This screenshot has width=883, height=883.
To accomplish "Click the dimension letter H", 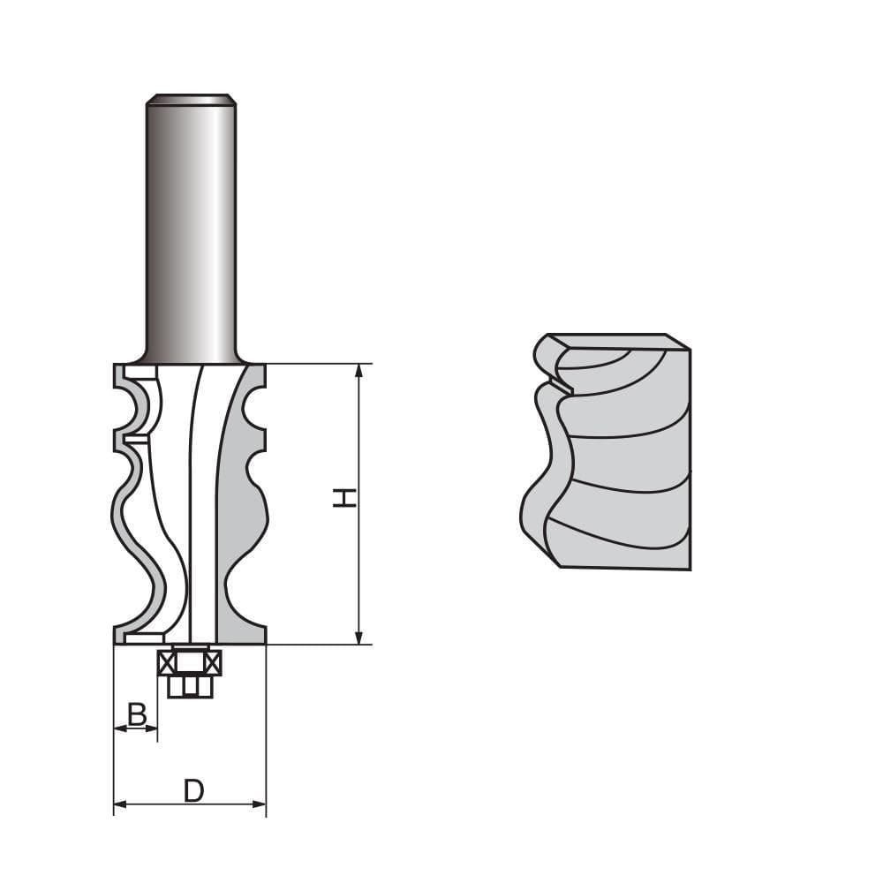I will (345, 498).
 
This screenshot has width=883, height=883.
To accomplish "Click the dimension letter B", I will (137, 714).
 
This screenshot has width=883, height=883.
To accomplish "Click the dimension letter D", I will (193, 790).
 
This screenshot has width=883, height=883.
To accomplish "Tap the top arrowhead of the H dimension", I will (358, 370).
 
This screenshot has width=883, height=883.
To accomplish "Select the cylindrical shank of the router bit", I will (191, 230).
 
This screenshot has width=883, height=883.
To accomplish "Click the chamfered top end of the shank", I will (191, 99).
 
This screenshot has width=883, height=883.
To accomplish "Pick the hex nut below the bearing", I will (190, 686).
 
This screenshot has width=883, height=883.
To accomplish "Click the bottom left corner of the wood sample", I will (559, 565).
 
